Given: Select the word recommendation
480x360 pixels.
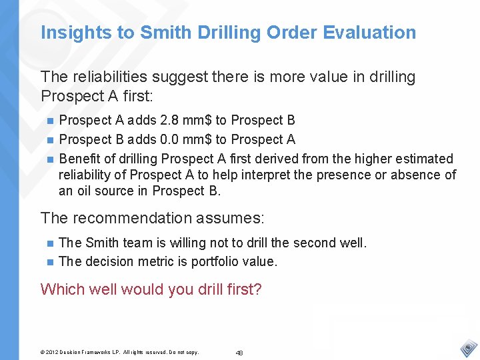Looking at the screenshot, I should [x=129, y=218].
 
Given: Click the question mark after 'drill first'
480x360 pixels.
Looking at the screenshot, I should [x=257, y=289].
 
